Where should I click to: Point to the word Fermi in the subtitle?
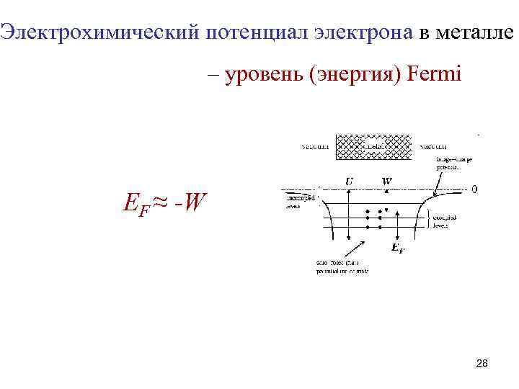[434, 74]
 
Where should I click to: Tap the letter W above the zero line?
[387, 182]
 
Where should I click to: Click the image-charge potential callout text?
[452, 163]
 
